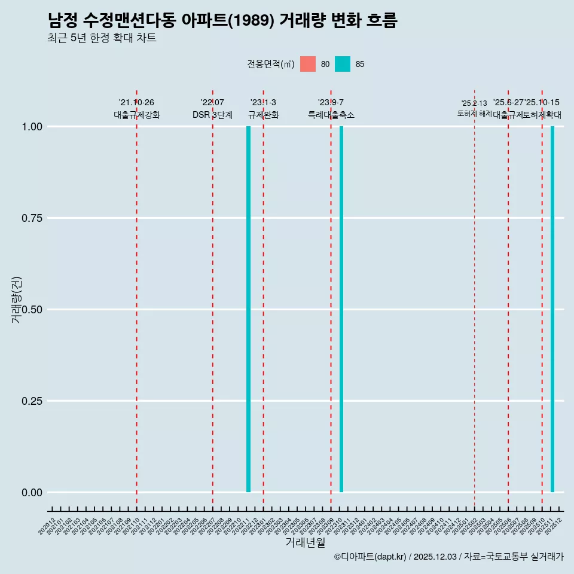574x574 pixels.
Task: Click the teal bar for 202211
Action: tap(248, 309)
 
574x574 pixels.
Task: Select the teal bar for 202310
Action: tap(341, 309)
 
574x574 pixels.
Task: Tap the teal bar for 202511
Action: tap(552, 309)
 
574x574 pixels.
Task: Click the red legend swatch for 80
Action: tap(308, 64)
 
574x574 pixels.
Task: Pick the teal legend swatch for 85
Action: tap(343, 64)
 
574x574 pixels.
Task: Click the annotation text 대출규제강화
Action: tap(137, 115)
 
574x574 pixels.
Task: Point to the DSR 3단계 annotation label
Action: tap(212, 115)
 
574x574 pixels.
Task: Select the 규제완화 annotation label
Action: tap(264, 115)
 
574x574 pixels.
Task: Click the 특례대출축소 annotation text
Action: tap(331, 115)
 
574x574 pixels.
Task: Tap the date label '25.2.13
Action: tap(474, 103)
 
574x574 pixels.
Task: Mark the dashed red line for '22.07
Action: tap(213, 299)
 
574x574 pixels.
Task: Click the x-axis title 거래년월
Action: tap(306, 542)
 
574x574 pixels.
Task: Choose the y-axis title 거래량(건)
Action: tap(17, 300)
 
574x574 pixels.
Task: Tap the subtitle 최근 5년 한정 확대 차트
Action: tap(102, 38)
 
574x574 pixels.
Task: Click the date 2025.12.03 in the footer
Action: tap(435, 557)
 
